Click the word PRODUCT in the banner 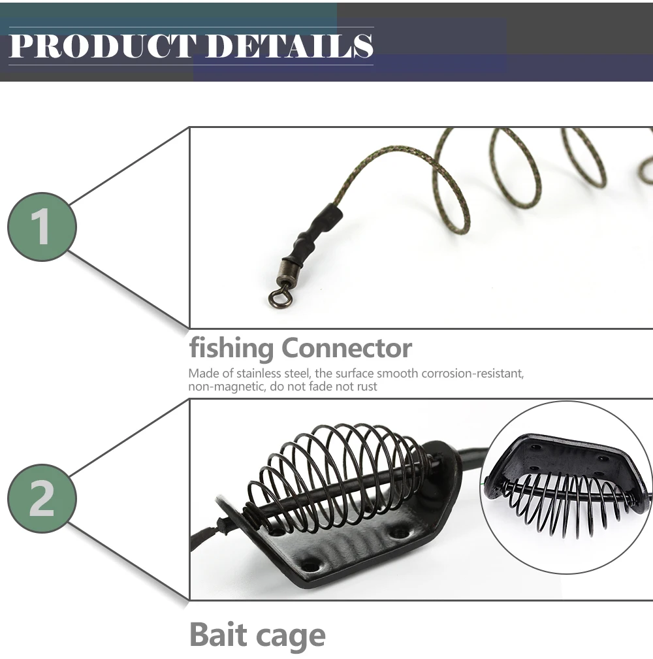pos(101,46)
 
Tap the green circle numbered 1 pos(42,227)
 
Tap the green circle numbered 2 pos(42,498)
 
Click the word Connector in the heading pos(347,348)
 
